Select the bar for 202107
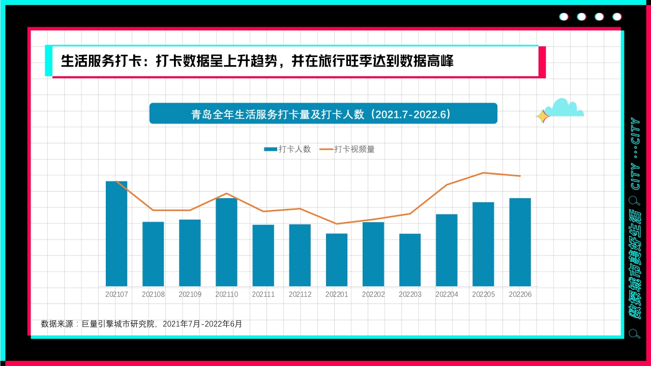[116, 233]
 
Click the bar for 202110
[226, 242]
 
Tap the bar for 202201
[337, 260]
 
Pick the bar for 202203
[410, 260]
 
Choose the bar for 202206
[520, 242]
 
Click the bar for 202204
[447, 250]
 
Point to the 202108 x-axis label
[153, 294]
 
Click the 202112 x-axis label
[300, 294]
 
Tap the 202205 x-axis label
[483, 294]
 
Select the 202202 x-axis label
[373, 294]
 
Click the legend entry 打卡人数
[287, 149]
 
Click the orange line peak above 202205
[483, 173]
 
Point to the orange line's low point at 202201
[337, 224]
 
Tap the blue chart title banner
[323, 113]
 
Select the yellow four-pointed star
[543, 116]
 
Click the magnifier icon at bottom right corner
[634, 333]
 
